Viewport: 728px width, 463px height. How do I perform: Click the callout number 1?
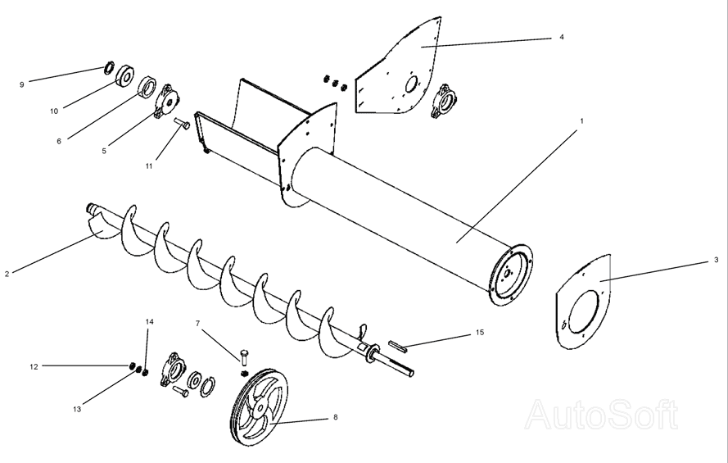pos(581,121)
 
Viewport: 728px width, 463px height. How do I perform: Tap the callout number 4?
pos(562,37)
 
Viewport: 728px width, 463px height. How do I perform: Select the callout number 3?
pos(717,260)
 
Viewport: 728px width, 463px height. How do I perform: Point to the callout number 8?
pos(336,417)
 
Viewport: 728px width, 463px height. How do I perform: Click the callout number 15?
pos(480,333)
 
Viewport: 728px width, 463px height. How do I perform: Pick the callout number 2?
pos(7,274)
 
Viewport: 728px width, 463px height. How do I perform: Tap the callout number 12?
pos(34,367)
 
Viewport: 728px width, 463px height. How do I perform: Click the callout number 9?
pos(22,84)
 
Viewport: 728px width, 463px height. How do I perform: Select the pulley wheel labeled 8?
pos(259,408)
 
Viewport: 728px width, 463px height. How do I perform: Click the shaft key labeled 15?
pos(398,345)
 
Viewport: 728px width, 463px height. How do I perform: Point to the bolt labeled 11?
pos(182,123)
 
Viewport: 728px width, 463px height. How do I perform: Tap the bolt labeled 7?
pos(245,356)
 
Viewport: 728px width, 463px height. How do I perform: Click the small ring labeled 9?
pos(109,67)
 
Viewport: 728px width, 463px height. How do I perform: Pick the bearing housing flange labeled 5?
pos(165,101)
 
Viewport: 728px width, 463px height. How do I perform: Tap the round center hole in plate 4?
pos(411,85)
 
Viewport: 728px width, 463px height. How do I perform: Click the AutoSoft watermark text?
pos(602,414)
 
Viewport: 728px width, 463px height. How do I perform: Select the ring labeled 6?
pos(148,88)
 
